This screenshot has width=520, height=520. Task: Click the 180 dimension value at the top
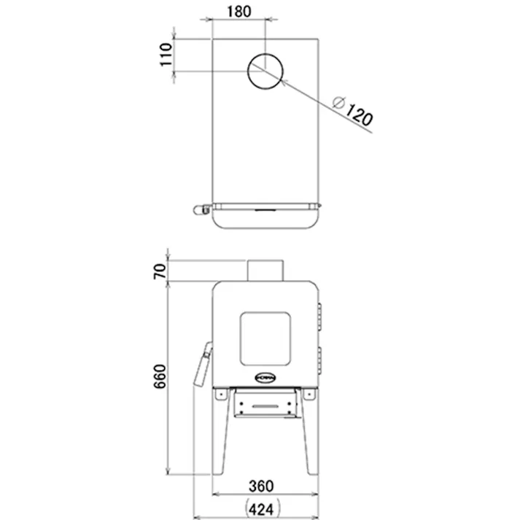pos(238,11)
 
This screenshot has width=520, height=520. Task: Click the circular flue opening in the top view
pos(265,71)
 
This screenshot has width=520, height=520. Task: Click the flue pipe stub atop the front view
pos(265,270)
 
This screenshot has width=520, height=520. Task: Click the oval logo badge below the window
pos(265,378)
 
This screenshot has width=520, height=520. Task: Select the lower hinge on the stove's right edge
pos(320,357)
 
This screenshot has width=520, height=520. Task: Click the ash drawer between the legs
pos(265,403)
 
